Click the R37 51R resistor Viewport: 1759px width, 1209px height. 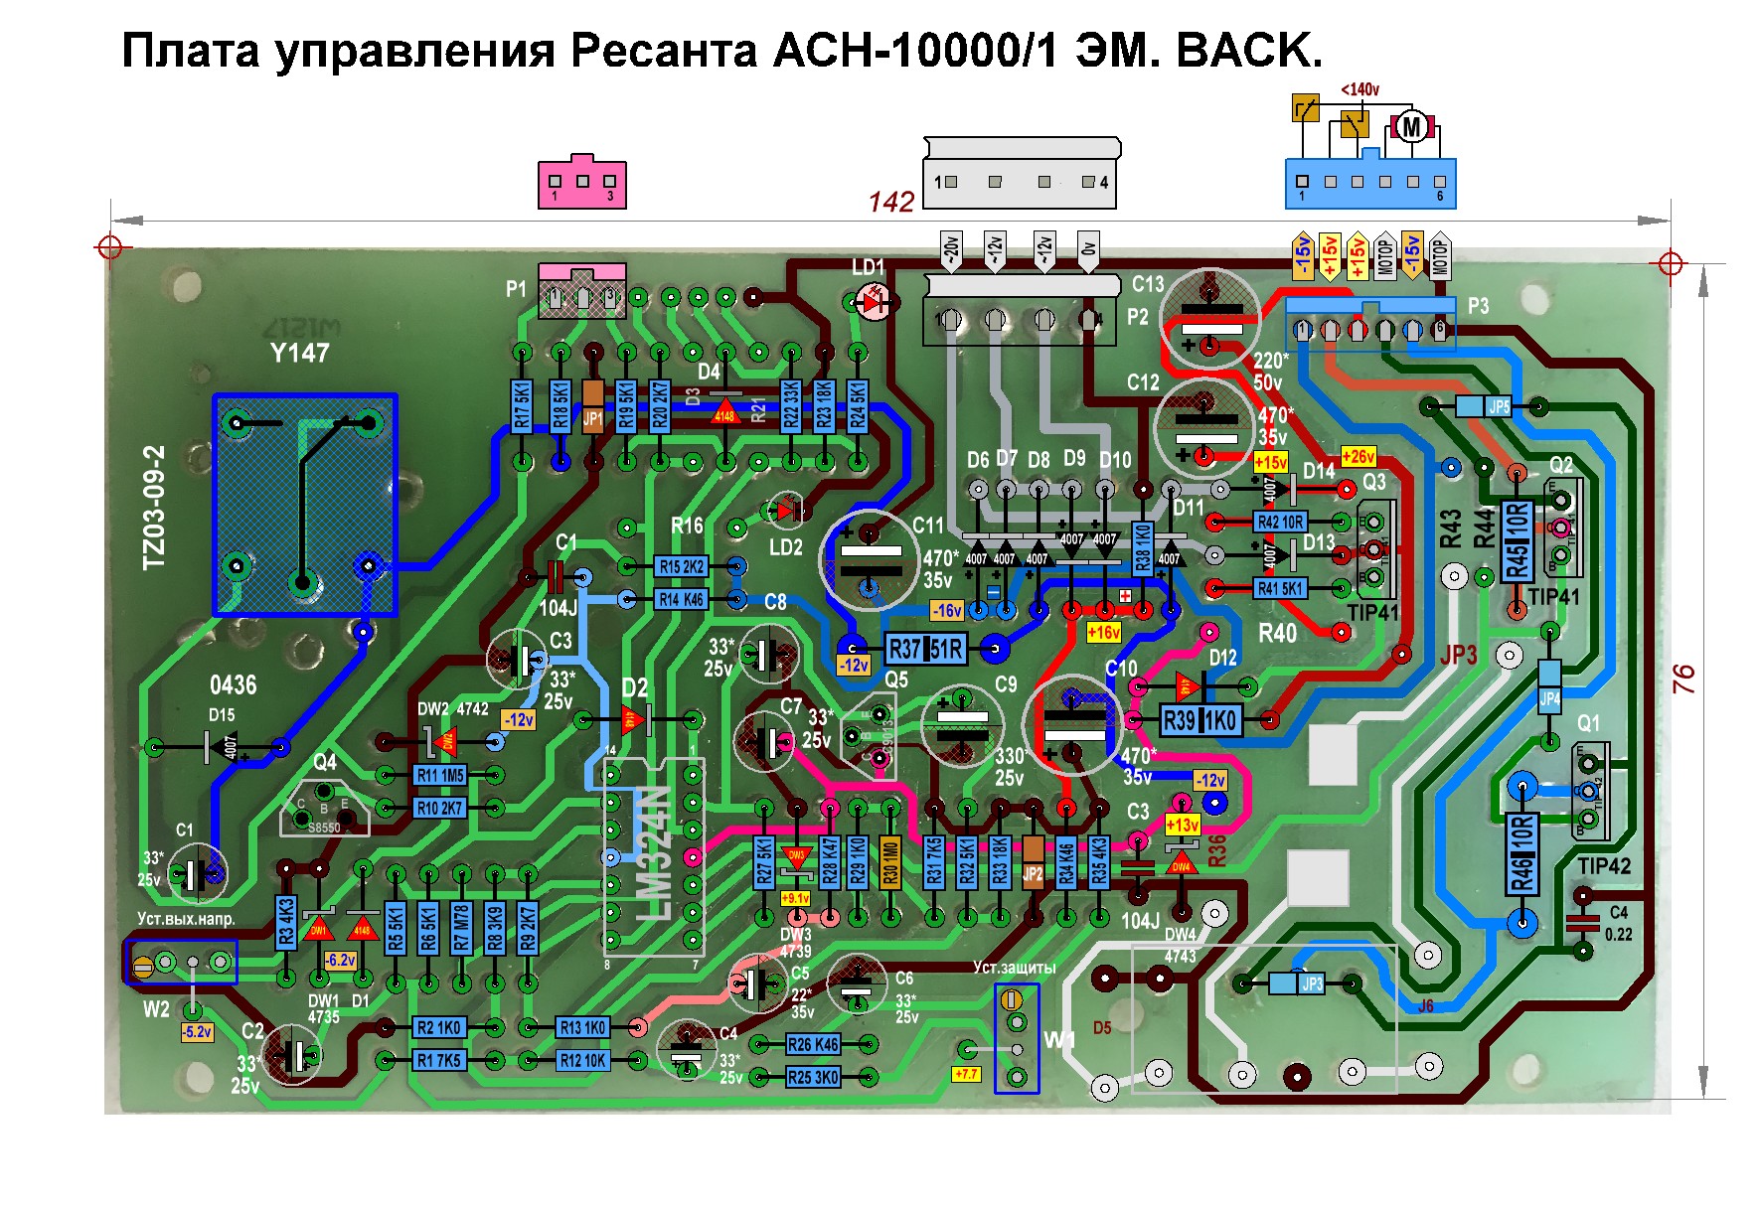click(925, 650)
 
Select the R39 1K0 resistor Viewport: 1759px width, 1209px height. click(1201, 720)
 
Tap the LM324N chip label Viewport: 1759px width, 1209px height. click(656, 854)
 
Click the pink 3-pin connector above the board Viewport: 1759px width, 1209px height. click(582, 183)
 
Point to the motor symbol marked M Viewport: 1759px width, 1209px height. click(1411, 126)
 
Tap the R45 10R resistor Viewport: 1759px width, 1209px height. click(1517, 541)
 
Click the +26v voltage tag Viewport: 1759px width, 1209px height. click(1358, 457)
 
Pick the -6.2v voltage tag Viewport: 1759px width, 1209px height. click(341, 961)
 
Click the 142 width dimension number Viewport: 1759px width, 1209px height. click(890, 202)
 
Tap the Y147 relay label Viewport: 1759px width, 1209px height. click(299, 353)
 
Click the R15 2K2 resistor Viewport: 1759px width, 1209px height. click(682, 566)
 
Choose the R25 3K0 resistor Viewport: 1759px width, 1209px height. click(813, 1076)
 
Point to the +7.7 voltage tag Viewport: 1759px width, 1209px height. click(966, 1074)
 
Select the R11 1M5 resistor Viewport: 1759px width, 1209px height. click(439, 776)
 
